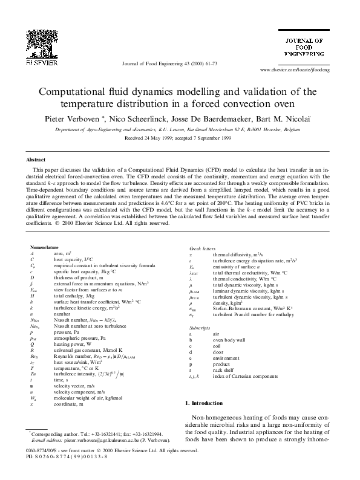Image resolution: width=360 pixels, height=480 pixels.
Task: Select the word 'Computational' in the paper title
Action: coord(76,92)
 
